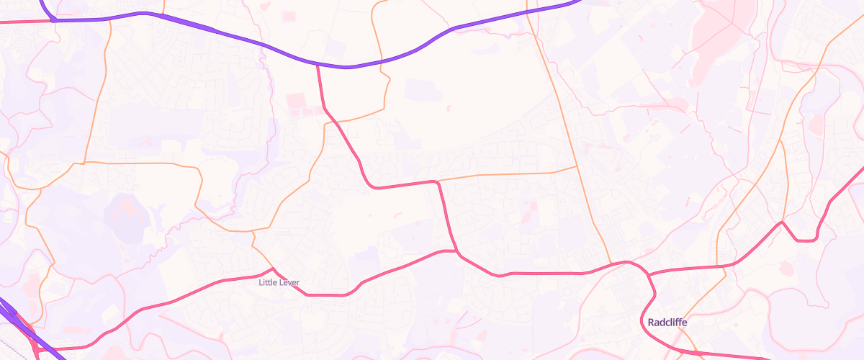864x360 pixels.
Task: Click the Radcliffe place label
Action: pyautogui.click(x=667, y=323)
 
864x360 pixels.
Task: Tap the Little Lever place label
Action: pyautogui.click(x=279, y=283)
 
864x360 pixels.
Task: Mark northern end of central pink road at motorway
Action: pyautogui.click(x=318, y=65)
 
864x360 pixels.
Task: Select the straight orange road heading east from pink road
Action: pyautogui.click(x=504, y=174)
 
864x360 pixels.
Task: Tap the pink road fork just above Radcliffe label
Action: pyautogui.click(x=648, y=276)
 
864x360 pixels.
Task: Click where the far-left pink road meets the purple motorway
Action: pyautogui.click(x=54, y=21)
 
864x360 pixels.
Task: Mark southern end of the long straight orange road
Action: pyautogui.click(x=611, y=264)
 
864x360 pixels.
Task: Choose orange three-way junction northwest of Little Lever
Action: pyautogui.click(x=253, y=232)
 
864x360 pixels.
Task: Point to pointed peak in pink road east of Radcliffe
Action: pyautogui.click(x=782, y=222)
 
